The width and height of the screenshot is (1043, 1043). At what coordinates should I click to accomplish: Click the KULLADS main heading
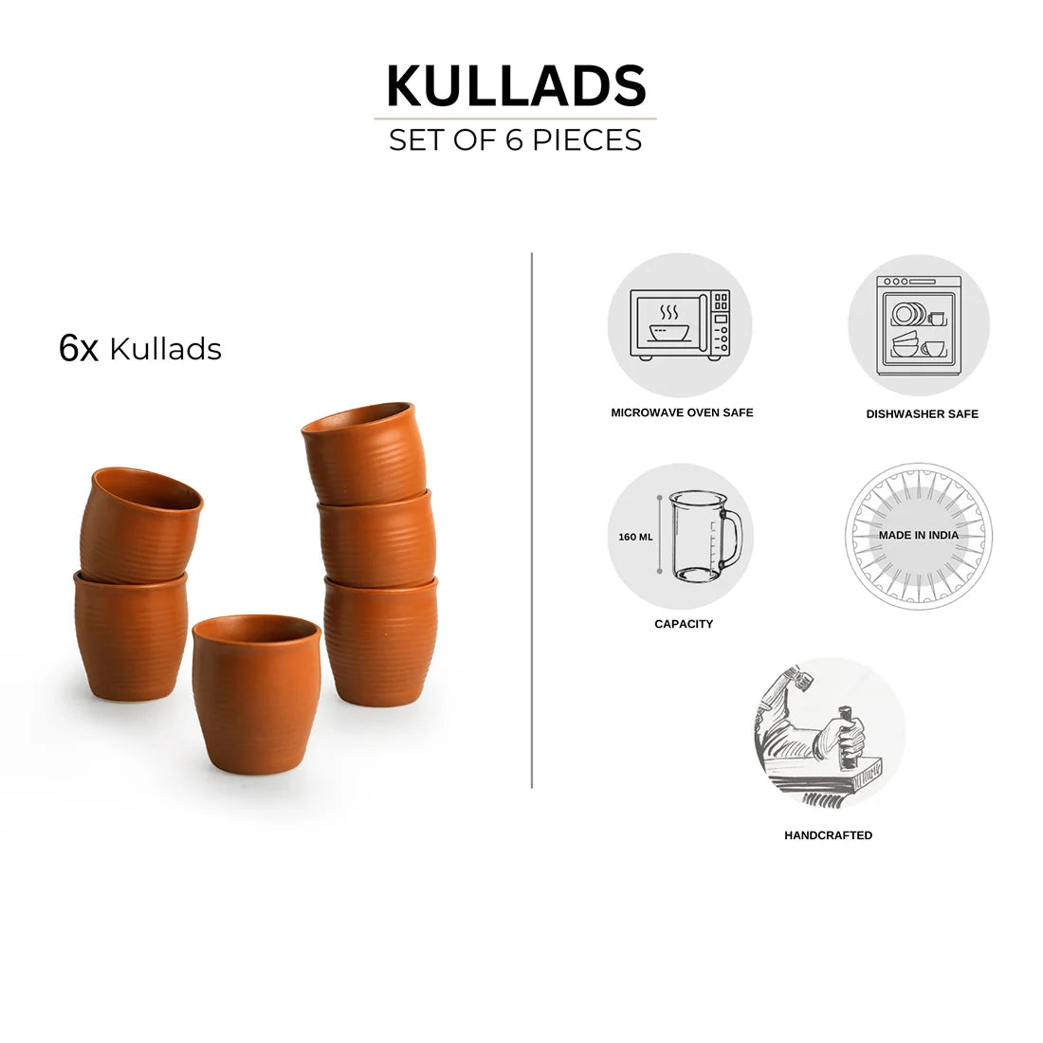pyautogui.click(x=516, y=85)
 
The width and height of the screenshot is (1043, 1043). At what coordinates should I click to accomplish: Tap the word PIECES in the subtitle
pyautogui.click(x=587, y=140)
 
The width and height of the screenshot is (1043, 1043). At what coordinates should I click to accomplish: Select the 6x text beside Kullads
pyautogui.click(x=79, y=348)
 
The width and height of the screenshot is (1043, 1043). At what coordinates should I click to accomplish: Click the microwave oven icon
pyautogui.click(x=680, y=325)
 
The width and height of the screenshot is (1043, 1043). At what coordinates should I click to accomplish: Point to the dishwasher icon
pyautogui.click(x=919, y=326)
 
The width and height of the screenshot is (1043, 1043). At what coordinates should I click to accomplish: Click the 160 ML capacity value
pyautogui.click(x=635, y=537)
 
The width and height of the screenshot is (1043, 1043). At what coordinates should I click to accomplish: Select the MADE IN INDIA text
pyautogui.click(x=919, y=535)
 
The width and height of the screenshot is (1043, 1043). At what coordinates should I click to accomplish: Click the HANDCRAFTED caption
pyautogui.click(x=828, y=835)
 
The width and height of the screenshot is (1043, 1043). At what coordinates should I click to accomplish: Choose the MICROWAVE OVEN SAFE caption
pyautogui.click(x=683, y=412)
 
